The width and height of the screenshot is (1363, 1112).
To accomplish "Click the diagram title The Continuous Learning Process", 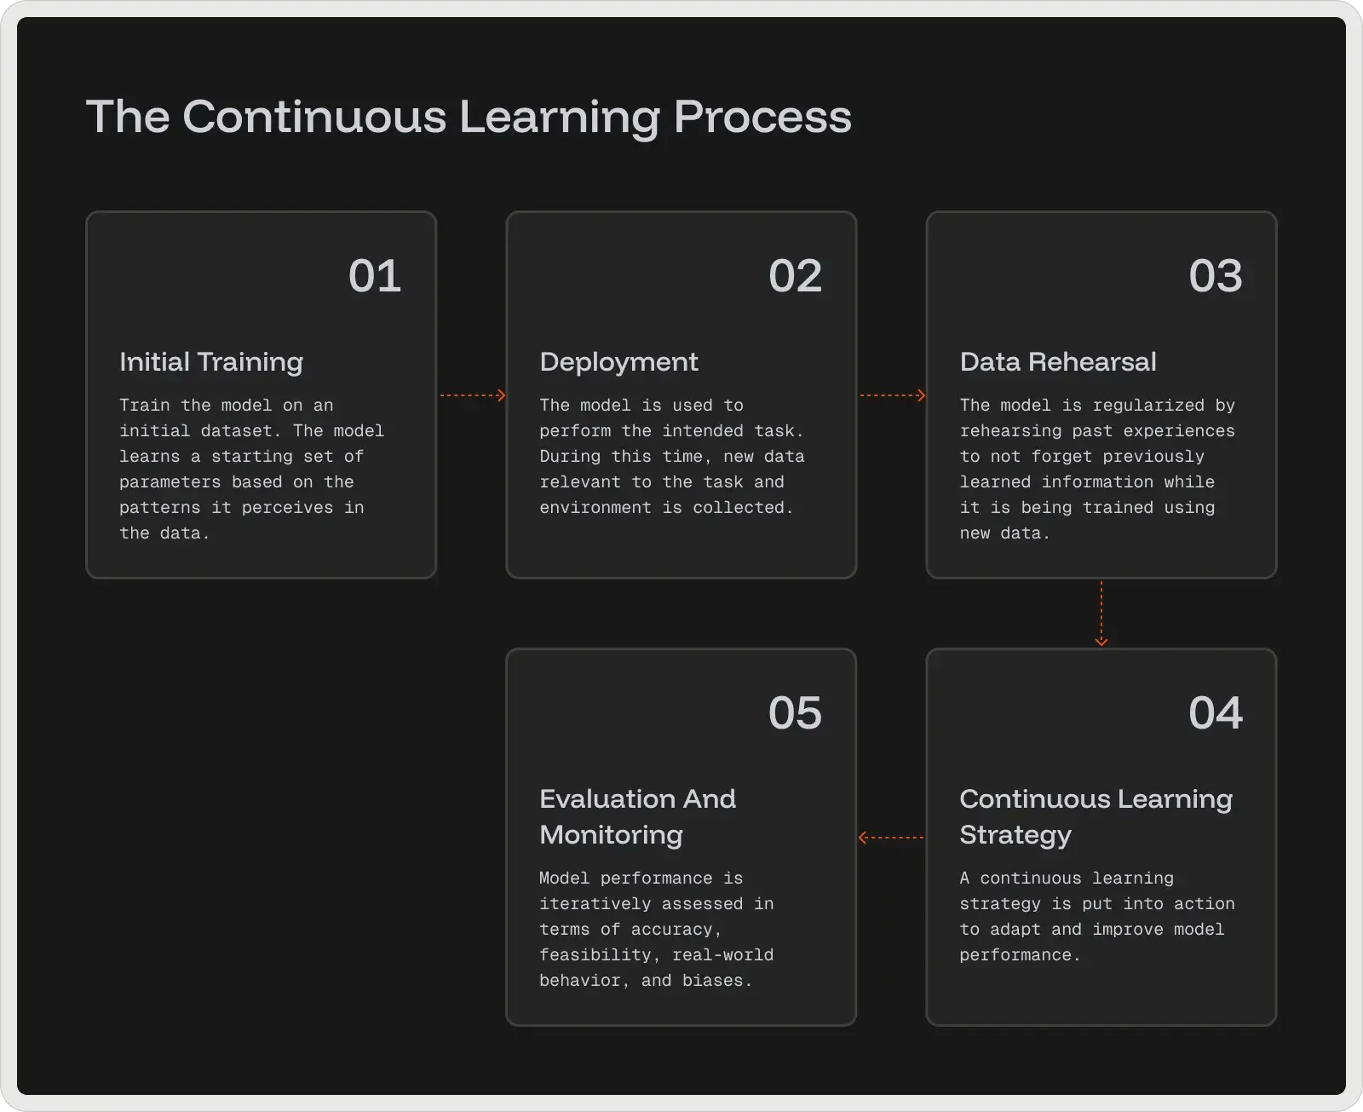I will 469,117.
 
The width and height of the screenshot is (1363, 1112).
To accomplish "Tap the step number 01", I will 375,276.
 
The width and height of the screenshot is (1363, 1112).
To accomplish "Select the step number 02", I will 795,276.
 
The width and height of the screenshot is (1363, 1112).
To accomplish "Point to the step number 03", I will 1215,276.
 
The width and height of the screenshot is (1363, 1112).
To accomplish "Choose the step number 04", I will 1215,713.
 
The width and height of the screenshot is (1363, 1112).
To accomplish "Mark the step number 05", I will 795,713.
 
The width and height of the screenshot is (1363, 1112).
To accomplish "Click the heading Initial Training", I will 211,362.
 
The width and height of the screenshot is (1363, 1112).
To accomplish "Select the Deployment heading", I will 618,362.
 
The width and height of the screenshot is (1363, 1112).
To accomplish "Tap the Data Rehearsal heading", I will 1058,362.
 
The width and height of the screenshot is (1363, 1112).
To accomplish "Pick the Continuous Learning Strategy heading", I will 1096,816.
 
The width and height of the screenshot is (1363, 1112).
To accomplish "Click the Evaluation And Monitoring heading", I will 637,816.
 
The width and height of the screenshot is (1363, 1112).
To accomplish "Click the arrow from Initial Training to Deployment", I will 473,395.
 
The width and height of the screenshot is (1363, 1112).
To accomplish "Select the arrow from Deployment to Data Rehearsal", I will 892,395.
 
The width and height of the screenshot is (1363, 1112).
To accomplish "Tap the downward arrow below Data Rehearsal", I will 1101,614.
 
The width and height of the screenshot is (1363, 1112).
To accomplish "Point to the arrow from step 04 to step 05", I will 891,838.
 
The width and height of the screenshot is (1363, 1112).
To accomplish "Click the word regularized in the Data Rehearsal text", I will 1148,406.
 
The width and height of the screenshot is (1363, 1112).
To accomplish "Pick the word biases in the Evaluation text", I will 716,981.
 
